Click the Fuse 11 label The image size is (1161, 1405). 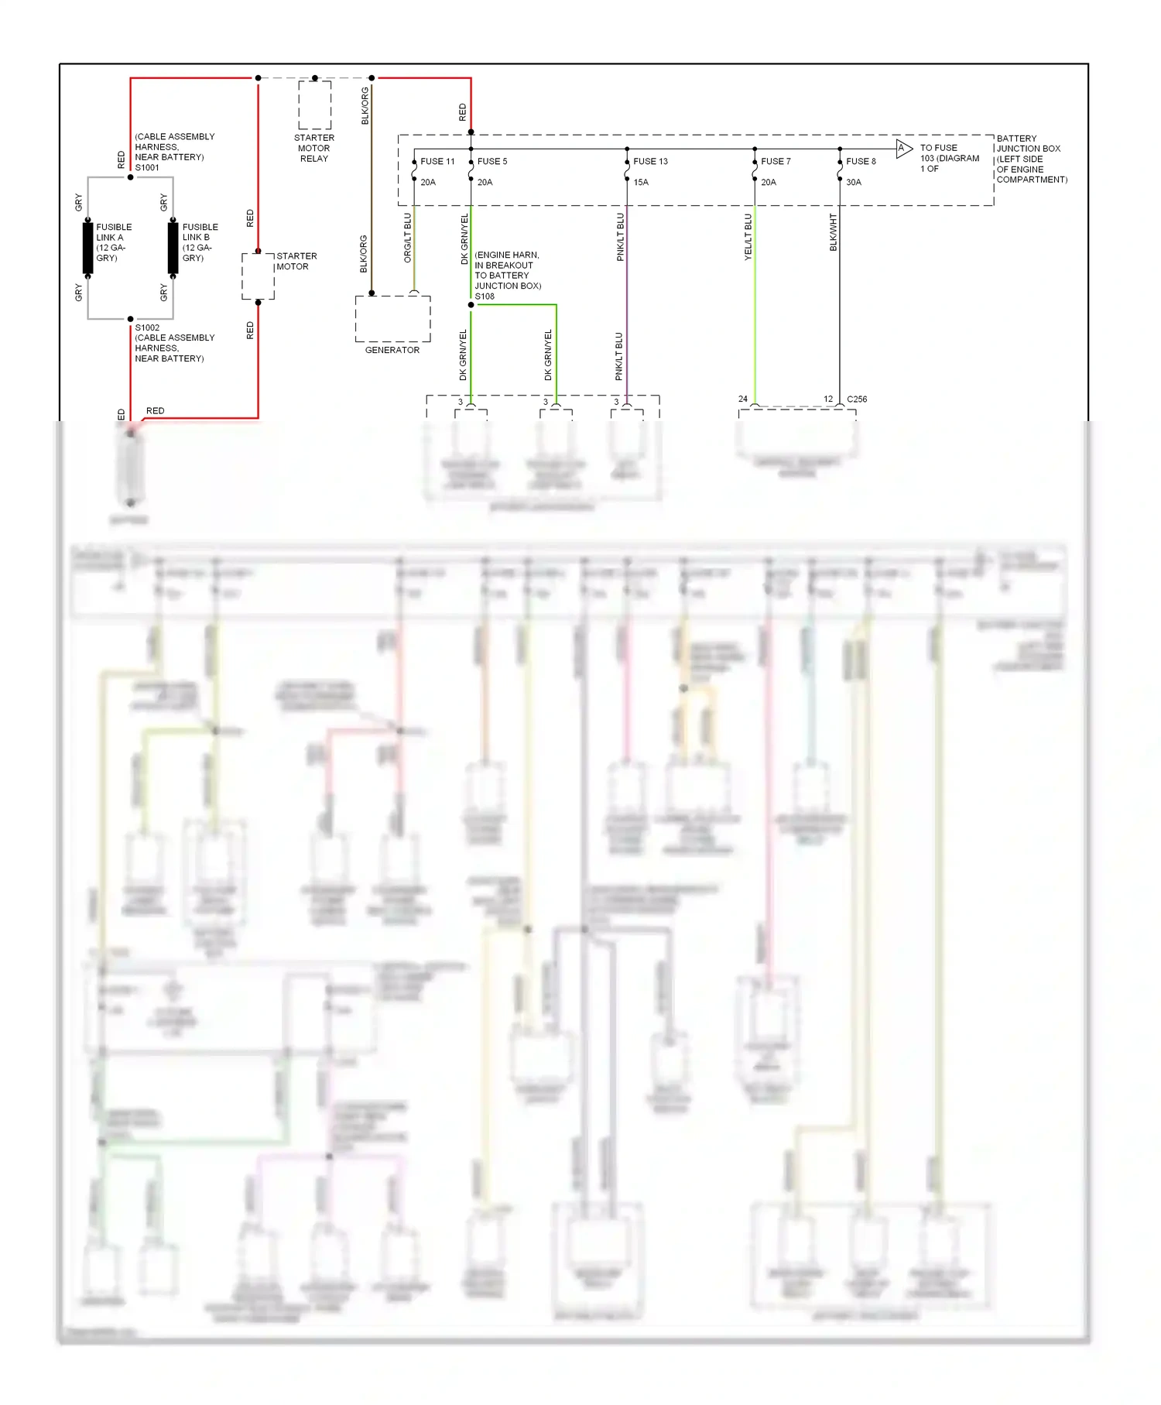(x=437, y=162)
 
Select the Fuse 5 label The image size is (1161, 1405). (x=492, y=162)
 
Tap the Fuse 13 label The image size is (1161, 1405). (x=650, y=162)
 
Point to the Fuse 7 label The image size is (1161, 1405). (x=776, y=162)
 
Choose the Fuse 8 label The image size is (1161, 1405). (x=861, y=162)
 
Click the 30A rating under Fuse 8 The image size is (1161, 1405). (x=853, y=183)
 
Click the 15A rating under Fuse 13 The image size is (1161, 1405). (x=641, y=183)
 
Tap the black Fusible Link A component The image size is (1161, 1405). (x=88, y=248)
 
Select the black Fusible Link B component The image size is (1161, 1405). (x=173, y=248)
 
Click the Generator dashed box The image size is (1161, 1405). (x=392, y=319)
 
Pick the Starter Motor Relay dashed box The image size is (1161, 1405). (x=314, y=105)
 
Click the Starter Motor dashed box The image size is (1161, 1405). (x=258, y=276)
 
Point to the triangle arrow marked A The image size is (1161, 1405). (x=903, y=149)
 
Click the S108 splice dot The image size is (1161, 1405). (x=471, y=305)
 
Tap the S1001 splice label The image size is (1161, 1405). (x=147, y=168)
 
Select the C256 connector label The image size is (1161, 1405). (x=857, y=399)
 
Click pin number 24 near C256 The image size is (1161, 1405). (x=743, y=399)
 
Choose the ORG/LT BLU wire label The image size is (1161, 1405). (x=408, y=238)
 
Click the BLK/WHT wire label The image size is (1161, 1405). (x=834, y=232)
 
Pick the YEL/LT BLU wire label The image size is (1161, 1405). (x=748, y=236)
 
